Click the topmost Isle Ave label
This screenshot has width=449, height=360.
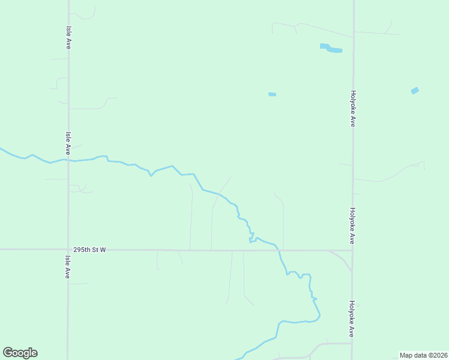[x=68, y=37]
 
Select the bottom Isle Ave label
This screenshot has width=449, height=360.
[x=68, y=267]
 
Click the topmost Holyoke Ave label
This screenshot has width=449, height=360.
[x=354, y=109]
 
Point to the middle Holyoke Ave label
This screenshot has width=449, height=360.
[x=353, y=226]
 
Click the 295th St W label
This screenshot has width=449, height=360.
[x=89, y=250]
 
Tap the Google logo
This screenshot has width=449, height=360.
[x=20, y=353]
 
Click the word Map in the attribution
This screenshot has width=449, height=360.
[x=406, y=355]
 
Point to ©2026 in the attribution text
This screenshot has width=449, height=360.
[x=437, y=355]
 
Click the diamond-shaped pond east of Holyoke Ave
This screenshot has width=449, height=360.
[x=415, y=91]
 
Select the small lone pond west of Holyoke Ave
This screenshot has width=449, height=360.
[x=272, y=94]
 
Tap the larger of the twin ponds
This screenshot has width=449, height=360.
[x=334, y=50]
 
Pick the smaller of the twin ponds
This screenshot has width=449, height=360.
[x=325, y=46]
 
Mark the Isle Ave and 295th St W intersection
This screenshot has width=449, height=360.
[x=68, y=250]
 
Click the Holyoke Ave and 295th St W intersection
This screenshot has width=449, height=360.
[x=352, y=251]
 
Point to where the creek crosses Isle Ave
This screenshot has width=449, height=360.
[x=68, y=161]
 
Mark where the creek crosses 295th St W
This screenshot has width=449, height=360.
[x=278, y=250]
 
